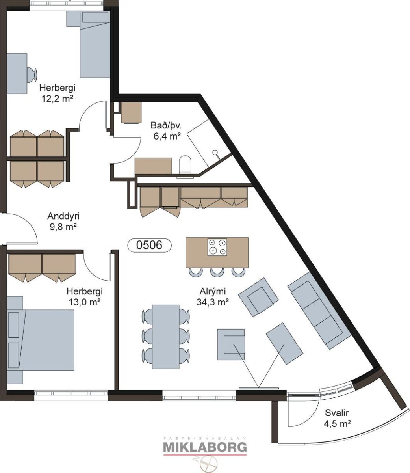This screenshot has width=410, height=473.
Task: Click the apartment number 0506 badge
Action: pyautogui.click(x=149, y=245)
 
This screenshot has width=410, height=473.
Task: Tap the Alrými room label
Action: pyautogui.click(x=213, y=291)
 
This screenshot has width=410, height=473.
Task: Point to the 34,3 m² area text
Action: pyautogui.click(x=213, y=302)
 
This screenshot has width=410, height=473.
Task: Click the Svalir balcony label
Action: pyautogui.click(x=337, y=413)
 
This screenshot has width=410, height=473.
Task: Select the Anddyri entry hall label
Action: pyautogui.click(x=63, y=216)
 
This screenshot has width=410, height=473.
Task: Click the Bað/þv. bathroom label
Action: pyautogui.click(x=166, y=125)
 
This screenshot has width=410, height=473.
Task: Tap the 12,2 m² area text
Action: pyautogui.click(x=57, y=99)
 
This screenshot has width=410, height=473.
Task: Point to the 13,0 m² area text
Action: pyautogui.click(x=84, y=302)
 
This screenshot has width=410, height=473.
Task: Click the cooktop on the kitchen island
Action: pyautogui.click(x=217, y=247)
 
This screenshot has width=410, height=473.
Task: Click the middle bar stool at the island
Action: pyautogui.click(x=217, y=272)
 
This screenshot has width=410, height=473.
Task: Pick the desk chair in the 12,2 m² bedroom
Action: pyautogui.click(x=32, y=74)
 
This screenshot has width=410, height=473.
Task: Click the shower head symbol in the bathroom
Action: pyautogui.click(x=215, y=153)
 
